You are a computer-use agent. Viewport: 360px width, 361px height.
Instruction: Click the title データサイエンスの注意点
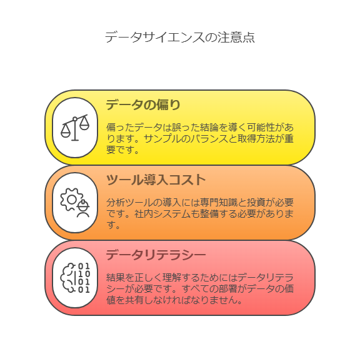[180, 38]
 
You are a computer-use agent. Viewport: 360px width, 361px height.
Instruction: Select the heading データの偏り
[143, 105]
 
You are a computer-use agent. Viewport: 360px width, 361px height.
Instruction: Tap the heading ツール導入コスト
[156, 180]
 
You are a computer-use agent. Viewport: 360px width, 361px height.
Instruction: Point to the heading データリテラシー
[156, 255]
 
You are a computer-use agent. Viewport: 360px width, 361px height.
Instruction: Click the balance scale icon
[75, 128]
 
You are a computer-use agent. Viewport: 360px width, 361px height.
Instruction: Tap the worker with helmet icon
[83, 208]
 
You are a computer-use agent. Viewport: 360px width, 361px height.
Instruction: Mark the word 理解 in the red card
[172, 277]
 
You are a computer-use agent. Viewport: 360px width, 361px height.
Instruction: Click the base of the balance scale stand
[75, 140]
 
